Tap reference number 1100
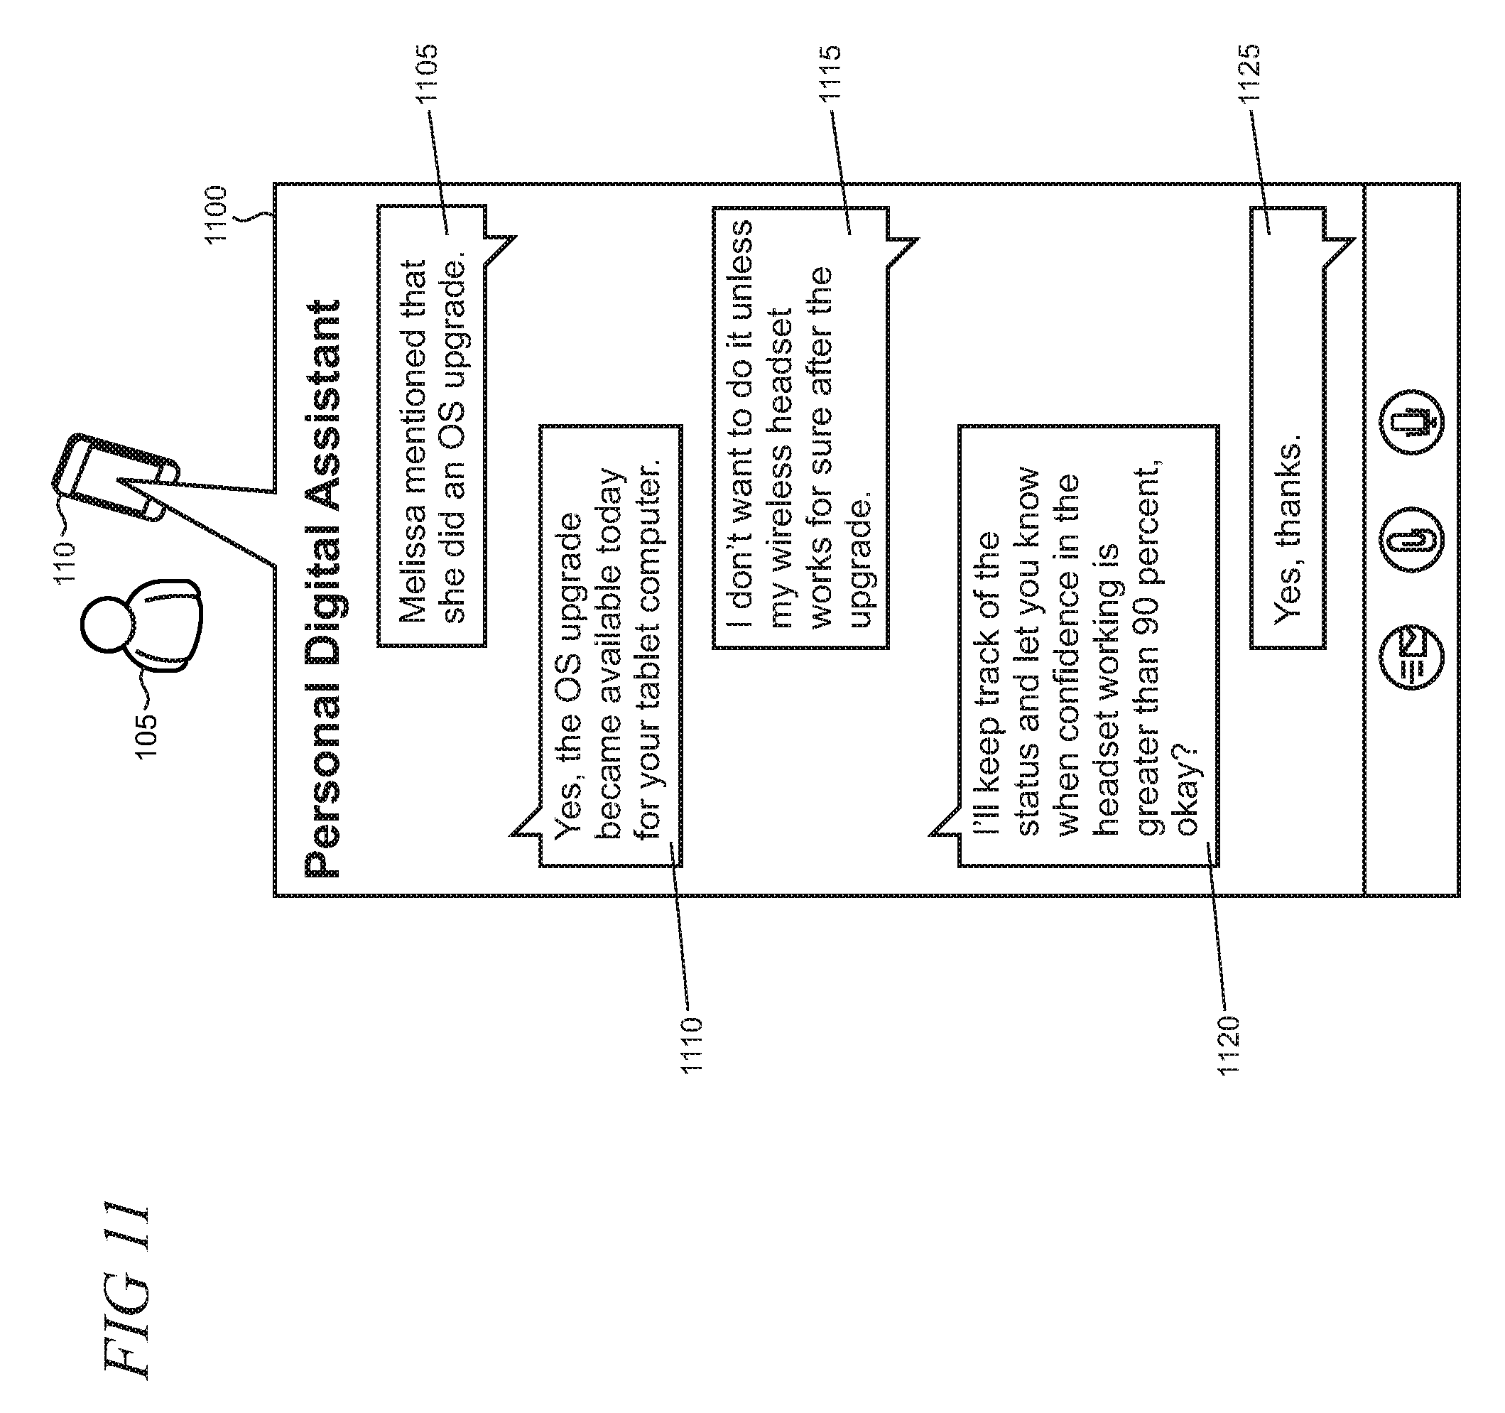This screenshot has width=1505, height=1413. coord(217,214)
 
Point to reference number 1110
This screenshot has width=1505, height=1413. coord(692,1044)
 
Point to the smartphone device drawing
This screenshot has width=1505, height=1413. coord(114,477)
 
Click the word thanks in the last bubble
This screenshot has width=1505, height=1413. coord(1287,492)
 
